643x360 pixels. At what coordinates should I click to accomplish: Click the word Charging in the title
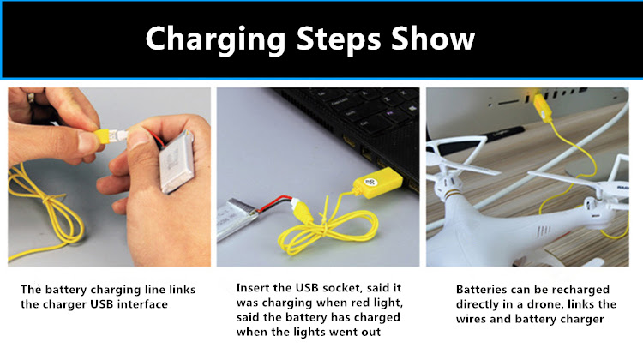(x=215, y=39)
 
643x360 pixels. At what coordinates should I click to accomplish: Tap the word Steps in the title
(x=339, y=39)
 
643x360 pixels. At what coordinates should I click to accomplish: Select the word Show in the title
(x=433, y=38)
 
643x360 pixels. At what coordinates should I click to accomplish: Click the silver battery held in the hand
(x=177, y=162)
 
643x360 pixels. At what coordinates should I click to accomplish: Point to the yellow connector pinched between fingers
(x=102, y=135)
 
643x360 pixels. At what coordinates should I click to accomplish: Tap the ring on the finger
(x=31, y=98)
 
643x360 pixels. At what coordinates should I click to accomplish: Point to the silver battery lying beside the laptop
(x=237, y=218)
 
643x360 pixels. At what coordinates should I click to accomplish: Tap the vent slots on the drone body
(x=544, y=231)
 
